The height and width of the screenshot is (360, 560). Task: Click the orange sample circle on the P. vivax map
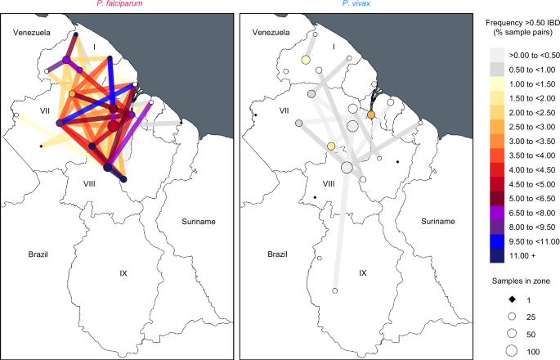pyautogui.click(x=371, y=115)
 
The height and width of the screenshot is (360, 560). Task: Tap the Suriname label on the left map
pyautogui.click(x=199, y=222)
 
